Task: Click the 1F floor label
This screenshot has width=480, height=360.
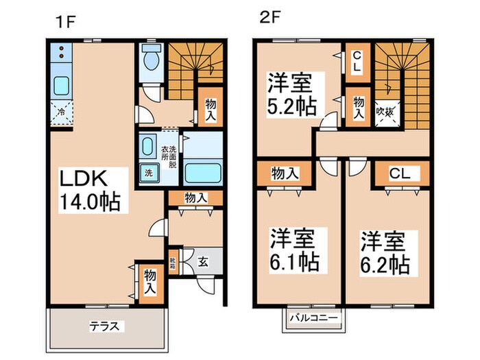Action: (66, 20)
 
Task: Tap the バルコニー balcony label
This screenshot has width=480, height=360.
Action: (312, 318)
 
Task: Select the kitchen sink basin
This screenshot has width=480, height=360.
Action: (61, 87)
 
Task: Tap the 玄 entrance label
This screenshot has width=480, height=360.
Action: (204, 261)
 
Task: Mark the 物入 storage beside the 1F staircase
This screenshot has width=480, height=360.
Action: (210, 107)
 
